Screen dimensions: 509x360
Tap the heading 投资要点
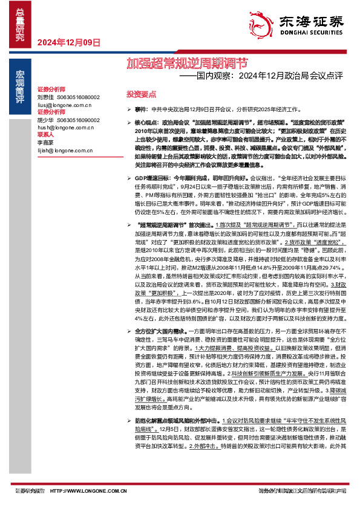[x=140, y=94]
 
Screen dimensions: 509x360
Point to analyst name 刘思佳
[x=45, y=97]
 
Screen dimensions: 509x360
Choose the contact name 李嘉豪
[x=45, y=143]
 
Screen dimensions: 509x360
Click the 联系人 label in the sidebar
[x=46, y=135]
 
